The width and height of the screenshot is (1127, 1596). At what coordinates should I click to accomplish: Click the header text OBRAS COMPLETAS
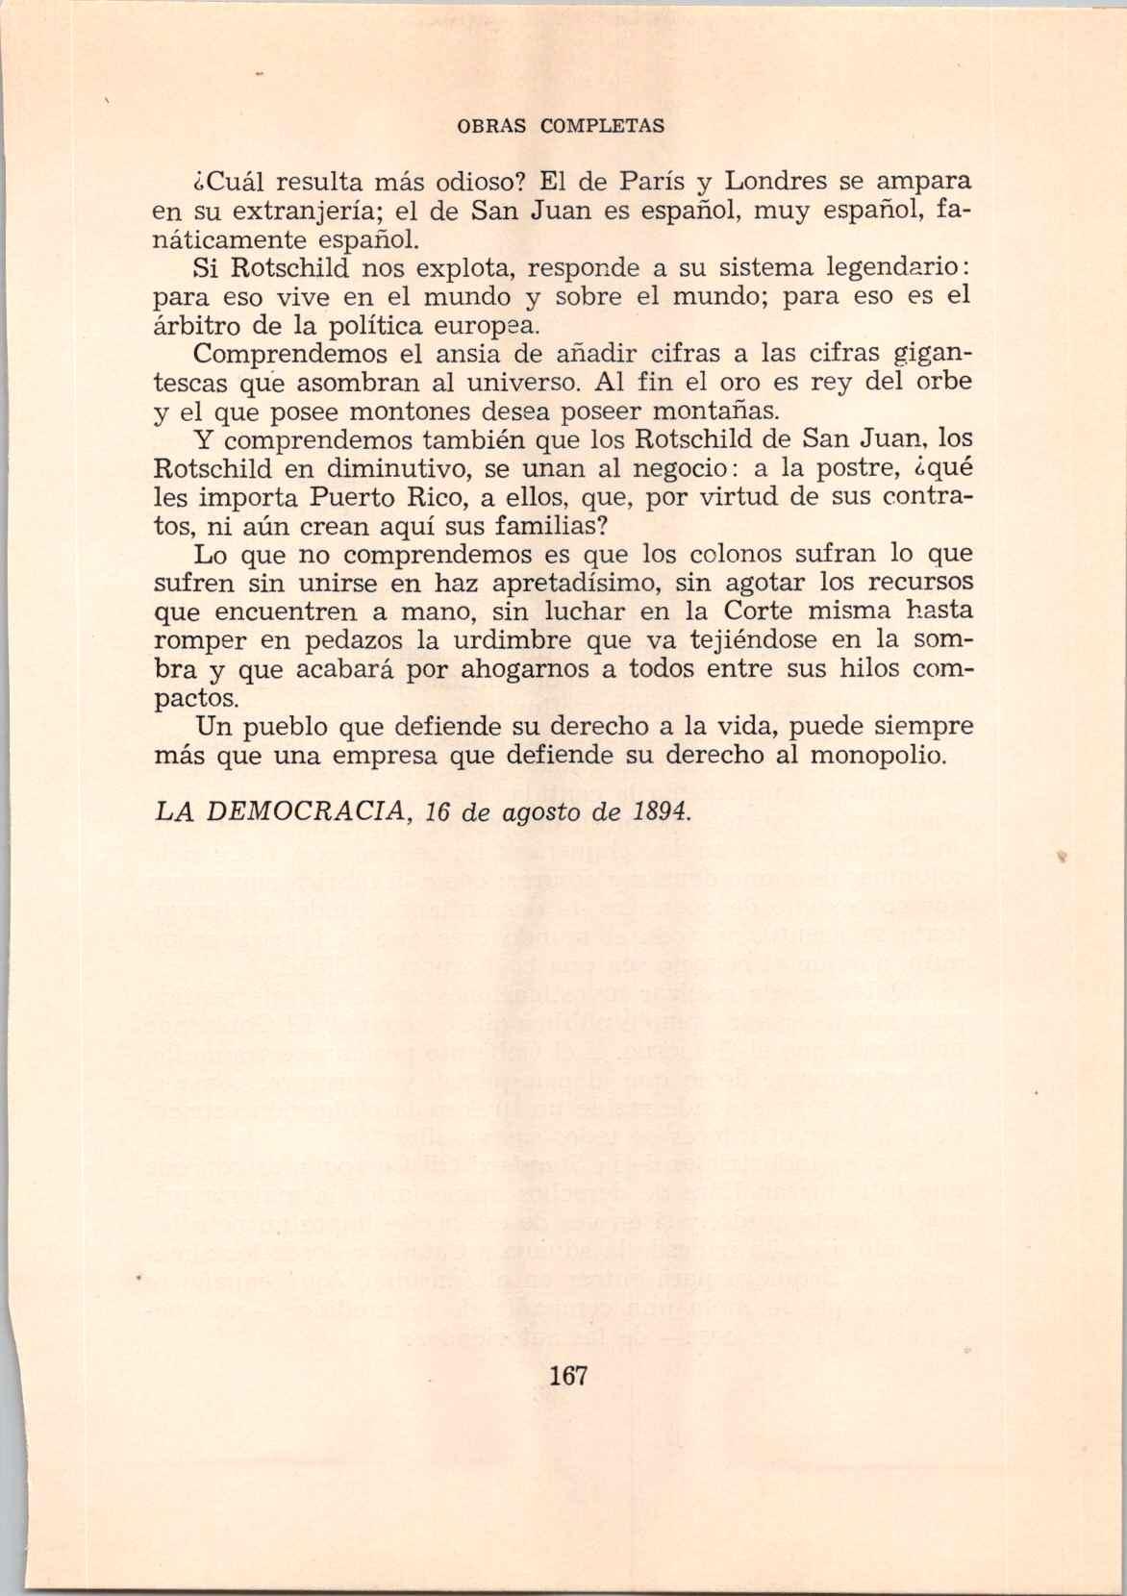pos(560,126)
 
